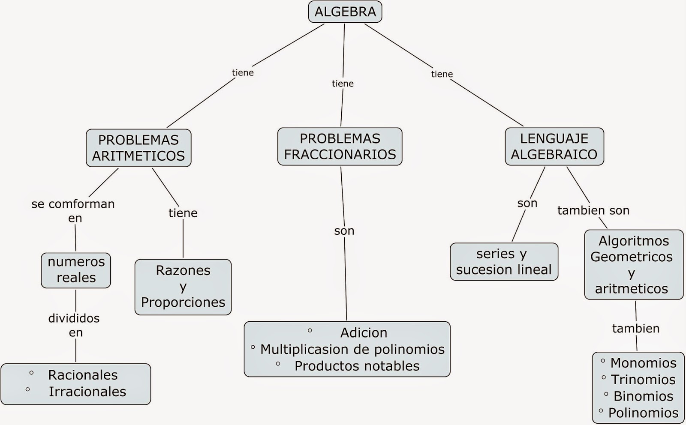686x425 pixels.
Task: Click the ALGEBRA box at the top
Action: (345, 12)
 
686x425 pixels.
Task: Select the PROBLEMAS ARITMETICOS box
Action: (138, 148)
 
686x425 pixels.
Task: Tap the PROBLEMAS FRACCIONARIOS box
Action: (340, 147)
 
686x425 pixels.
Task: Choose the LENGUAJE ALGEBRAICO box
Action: (554, 147)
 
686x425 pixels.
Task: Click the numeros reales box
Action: (76, 270)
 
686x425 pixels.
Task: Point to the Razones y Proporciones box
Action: (183, 287)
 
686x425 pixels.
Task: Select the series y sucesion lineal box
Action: (504, 262)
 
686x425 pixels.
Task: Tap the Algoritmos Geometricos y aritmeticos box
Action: (633, 265)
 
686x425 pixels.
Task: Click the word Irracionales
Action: (87, 392)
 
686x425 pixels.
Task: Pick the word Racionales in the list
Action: (83, 375)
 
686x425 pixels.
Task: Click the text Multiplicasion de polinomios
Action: (352, 349)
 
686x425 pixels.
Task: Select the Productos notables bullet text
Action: (357, 366)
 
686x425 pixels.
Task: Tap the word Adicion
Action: (364, 332)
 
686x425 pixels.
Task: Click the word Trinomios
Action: (643, 380)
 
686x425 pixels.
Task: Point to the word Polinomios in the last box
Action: (643, 413)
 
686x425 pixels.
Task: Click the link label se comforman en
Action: (73, 210)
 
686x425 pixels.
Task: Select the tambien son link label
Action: (593, 210)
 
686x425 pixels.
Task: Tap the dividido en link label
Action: (74, 325)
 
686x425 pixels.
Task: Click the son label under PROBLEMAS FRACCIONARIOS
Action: (344, 231)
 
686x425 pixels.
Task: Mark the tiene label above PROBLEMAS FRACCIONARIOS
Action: (343, 84)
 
